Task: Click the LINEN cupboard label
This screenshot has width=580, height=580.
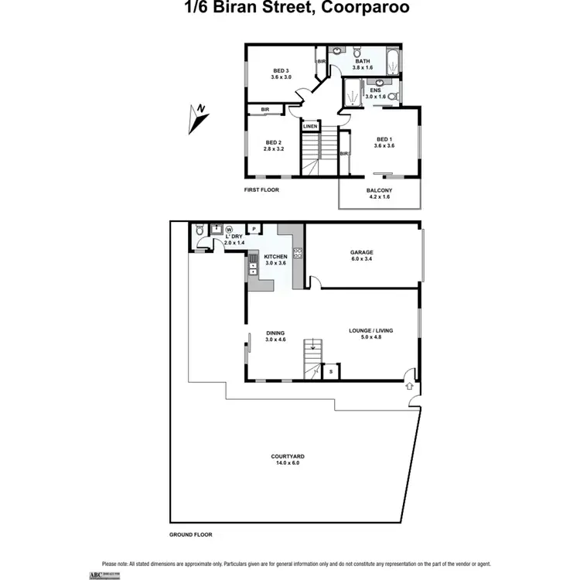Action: tap(310, 126)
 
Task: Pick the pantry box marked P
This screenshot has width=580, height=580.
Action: tap(254, 229)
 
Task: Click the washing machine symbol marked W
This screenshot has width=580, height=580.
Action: tap(230, 229)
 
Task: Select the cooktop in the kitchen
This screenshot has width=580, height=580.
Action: tap(298, 252)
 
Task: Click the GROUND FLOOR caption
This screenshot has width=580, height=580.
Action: tap(190, 534)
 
